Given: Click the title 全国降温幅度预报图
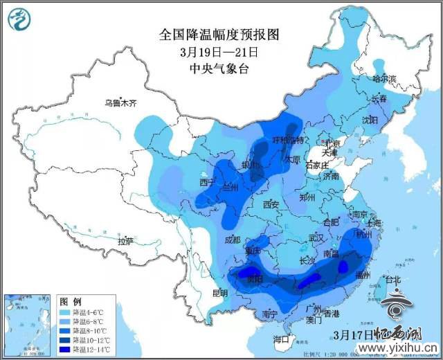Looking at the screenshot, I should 219,34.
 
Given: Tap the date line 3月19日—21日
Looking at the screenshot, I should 219,51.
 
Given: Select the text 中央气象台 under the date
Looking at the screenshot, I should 219,68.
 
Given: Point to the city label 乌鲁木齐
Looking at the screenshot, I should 121,103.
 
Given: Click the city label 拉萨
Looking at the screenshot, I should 125,242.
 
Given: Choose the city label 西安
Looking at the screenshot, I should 271,205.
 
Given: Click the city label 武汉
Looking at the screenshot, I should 316,238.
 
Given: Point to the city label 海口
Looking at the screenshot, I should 280,339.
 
